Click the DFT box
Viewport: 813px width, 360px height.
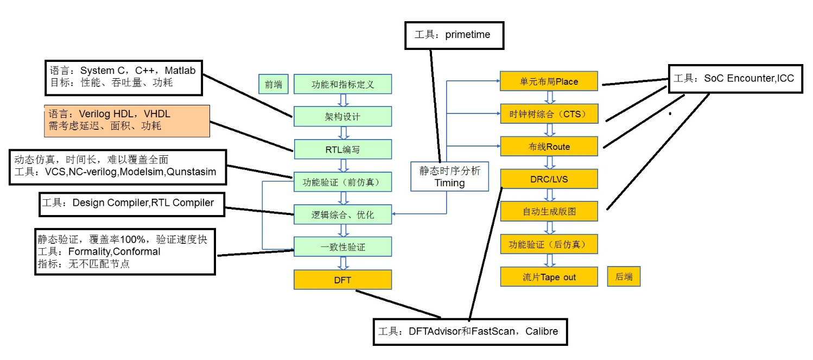(342, 280)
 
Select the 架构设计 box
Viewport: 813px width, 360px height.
(342, 116)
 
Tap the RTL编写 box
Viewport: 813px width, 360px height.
(342, 149)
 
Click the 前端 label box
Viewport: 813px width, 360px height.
(274, 84)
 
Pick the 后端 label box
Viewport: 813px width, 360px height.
(624, 277)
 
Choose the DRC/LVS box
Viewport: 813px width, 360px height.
(549, 179)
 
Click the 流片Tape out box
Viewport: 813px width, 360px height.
(549, 277)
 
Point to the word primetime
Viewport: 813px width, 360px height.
(467, 35)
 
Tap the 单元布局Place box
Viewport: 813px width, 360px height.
(549, 81)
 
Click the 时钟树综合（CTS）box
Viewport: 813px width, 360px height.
(549, 114)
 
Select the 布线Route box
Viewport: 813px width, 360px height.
(549, 147)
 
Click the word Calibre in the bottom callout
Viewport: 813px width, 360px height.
(541, 331)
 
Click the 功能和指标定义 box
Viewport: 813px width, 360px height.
(342, 84)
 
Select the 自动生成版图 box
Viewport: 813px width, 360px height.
(549, 211)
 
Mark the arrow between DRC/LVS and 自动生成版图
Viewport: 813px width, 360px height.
(549, 195)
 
